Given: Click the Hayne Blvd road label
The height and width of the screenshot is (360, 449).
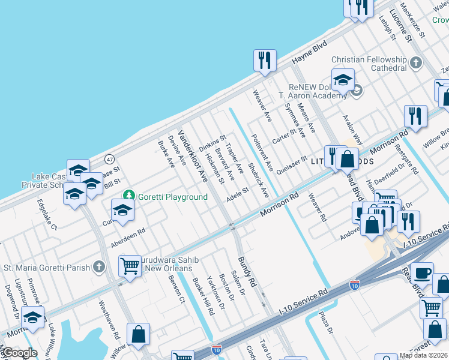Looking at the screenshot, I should pos(310,53).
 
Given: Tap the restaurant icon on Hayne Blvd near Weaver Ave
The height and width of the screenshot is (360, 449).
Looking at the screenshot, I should pos(265,60).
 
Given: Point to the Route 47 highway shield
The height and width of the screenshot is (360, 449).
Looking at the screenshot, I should pos(109,159).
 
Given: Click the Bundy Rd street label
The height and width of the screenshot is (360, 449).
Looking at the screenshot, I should pos(247,271).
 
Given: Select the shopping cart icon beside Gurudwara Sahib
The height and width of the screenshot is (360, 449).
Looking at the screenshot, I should pos(130,265).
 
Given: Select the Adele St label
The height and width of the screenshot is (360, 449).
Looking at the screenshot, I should pos(237,196).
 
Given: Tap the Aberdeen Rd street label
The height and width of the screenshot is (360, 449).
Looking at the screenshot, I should pos(128,238).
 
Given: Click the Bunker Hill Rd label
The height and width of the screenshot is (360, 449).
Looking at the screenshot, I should pos(203,296).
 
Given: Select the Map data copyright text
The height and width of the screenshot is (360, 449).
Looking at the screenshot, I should pos(424,355).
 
